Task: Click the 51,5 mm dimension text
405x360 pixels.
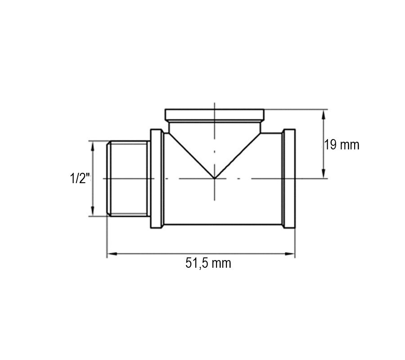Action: coord(208,263)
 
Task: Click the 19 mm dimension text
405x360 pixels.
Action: coord(342,145)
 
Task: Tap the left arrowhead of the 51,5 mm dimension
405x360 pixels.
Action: coord(110,254)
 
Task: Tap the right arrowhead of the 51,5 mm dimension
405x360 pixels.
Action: coord(292,254)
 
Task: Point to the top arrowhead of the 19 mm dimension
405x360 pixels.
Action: coord(324,112)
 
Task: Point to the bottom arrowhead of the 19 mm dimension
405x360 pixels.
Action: coord(324,175)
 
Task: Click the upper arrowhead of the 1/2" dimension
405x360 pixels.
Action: coord(93,144)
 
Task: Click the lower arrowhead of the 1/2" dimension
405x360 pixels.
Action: coord(93,213)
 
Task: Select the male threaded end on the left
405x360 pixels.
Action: coord(128,179)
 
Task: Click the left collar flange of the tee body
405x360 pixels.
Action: coord(156,179)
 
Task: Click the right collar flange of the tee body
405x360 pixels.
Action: coord(288,179)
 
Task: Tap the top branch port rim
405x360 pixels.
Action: coord(215,114)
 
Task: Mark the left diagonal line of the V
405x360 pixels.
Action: coord(191,155)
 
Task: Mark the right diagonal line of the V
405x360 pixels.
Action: coord(238,155)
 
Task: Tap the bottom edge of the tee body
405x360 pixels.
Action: coord(223,225)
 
